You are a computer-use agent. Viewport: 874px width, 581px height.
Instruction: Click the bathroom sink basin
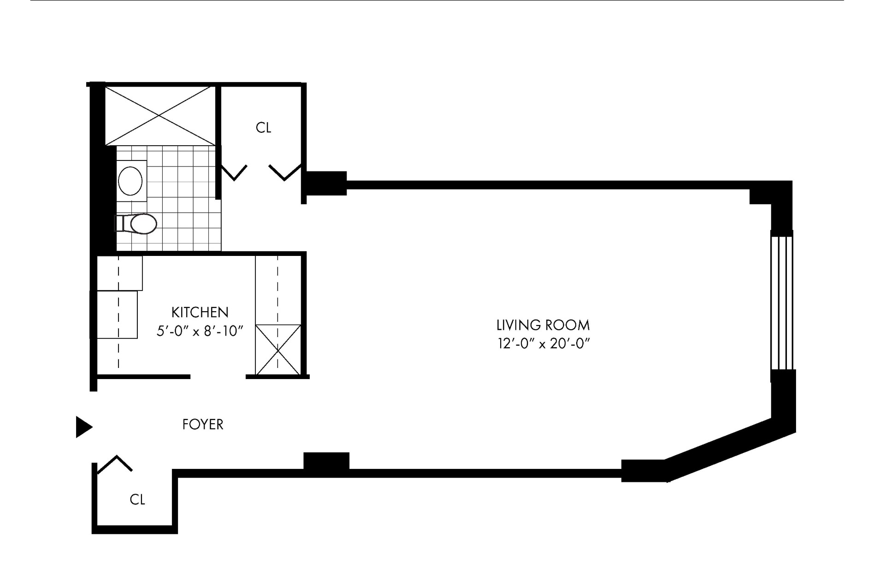click(130, 181)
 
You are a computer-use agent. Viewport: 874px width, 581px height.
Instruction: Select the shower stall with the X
click(159, 115)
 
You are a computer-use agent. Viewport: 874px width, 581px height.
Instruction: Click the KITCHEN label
click(200, 312)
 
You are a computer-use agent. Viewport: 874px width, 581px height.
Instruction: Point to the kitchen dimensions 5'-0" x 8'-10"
click(200, 331)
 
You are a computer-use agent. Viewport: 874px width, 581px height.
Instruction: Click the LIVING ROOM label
click(543, 325)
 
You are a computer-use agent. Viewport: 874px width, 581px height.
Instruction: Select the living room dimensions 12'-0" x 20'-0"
click(543, 344)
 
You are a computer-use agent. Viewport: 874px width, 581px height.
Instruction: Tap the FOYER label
click(203, 424)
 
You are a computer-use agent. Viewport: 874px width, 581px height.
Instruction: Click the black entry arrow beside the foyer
click(83, 427)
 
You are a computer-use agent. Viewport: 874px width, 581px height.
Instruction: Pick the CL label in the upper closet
click(263, 128)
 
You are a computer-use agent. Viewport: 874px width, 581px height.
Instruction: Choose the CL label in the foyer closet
click(137, 499)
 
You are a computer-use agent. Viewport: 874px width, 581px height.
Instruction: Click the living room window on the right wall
click(782, 303)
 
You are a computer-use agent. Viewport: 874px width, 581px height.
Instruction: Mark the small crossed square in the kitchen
click(278, 349)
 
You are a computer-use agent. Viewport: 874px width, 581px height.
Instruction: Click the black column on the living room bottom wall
click(326, 461)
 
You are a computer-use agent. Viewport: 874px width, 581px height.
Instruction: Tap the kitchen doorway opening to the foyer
click(218, 377)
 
